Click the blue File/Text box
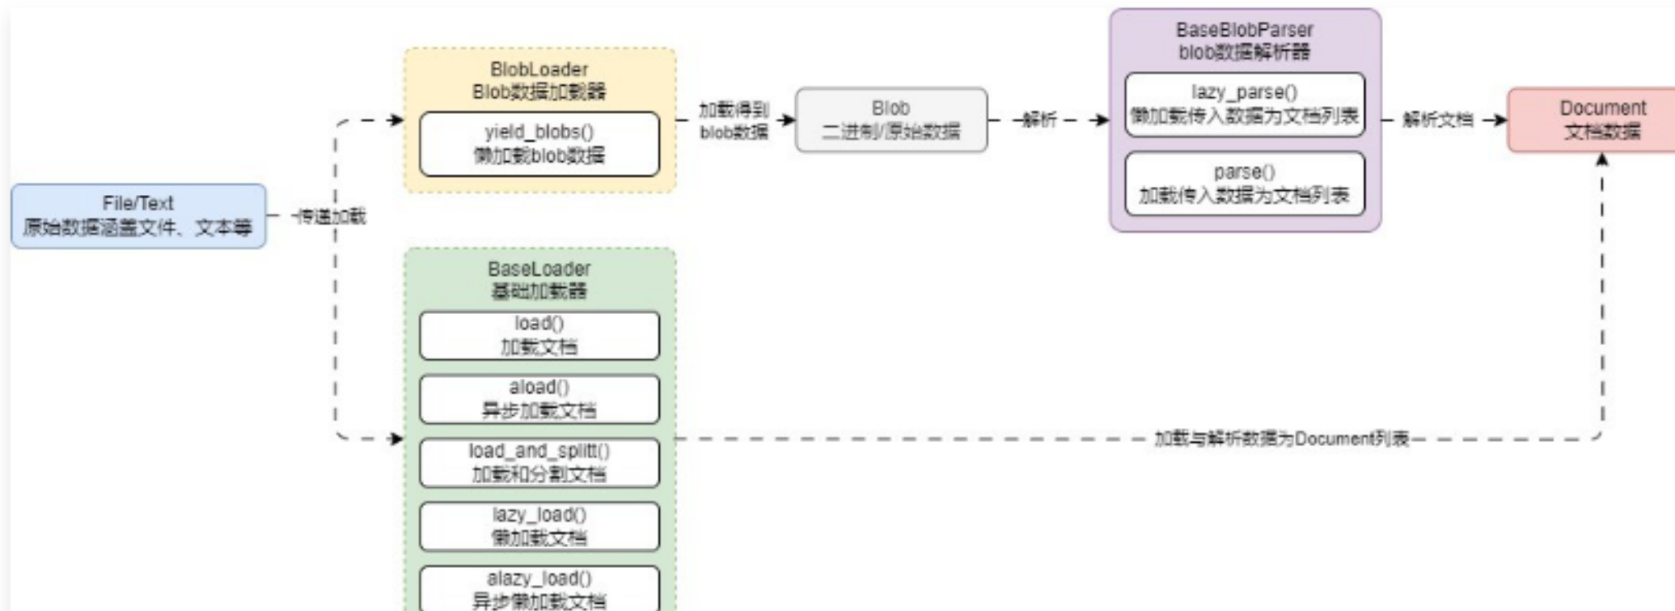(x=138, y=216)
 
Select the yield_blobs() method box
(x=539, y=144)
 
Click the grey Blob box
(x=891, y=120)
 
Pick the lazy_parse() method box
(x=1245, y=104)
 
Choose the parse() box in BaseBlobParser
(x=1245, y=184)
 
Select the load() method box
(x=539, y=335)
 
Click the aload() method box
(x=539, y=399)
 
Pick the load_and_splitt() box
(x=539, y=463)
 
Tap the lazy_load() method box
(x=539, y=526)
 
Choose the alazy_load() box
(x=539, y=589)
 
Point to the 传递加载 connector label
(x=331, y=216)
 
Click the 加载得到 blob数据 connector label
(x=734, y=121)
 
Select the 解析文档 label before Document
(x=1437, y=120)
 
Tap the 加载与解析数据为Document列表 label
(x=1282, y=439)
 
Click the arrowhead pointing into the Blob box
(x=789, y=120)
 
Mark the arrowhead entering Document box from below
(x=1602, y=159)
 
